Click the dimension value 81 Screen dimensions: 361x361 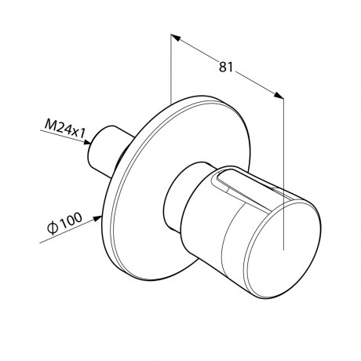click(x=225, y=67)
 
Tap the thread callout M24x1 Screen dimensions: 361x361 click(x=65, y=129)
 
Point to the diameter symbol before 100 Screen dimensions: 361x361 click(x=53, y=228)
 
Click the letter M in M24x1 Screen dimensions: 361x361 click(x=50, y=124)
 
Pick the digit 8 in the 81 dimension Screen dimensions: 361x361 click(x=223, y=67)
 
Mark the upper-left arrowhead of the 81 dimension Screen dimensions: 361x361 click(x=176, y=38)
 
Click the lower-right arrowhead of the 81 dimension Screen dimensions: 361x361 click(x=279, y=95)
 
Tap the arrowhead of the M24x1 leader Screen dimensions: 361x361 click(x=87, y=142)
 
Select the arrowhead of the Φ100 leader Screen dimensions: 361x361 click(x=98, y=218)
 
